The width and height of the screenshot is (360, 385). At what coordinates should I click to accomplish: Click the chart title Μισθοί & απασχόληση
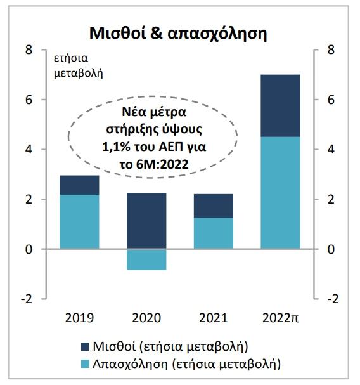[x=178, y=33]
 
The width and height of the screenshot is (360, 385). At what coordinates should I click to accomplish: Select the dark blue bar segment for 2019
[x=79, y=185]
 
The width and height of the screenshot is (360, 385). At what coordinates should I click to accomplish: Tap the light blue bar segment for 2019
[x=79, y=222]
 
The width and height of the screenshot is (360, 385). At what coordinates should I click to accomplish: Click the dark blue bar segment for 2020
[x=146, y=221]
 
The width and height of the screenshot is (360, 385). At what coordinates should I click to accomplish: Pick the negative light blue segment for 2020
[x=146, y=259]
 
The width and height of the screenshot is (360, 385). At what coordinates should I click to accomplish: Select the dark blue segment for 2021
[x=214, y=206]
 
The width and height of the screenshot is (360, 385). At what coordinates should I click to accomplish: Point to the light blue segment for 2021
[x=214, y=233]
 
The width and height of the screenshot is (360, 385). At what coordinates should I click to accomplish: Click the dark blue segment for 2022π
[x=280, y=105]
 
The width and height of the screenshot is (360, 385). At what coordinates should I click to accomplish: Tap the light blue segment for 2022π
[x=280, y=193]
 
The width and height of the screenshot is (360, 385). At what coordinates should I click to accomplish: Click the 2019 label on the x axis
[x=79, y=318]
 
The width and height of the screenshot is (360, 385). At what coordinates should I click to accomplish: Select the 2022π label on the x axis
[x=281, y=318]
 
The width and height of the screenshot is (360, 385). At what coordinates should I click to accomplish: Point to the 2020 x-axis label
[x=146, y=318]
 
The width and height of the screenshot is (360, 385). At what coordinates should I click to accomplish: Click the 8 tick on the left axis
[x=29, y=50]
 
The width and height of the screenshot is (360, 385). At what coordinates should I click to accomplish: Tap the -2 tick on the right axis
[x=333, y=299]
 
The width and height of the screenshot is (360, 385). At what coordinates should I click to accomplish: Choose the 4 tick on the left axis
[x=29, y=150]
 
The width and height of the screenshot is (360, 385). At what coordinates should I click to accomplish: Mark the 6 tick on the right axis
[x=331, y=100]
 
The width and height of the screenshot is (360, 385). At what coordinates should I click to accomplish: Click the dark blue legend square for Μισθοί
[x=85, y=346]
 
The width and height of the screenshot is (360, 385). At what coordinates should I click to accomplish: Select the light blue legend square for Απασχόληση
[x=85, y=364]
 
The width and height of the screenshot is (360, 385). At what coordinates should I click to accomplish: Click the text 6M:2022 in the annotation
[x=162, y=164]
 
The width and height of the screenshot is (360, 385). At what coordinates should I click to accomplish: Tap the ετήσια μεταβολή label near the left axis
[x=79, y=66]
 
